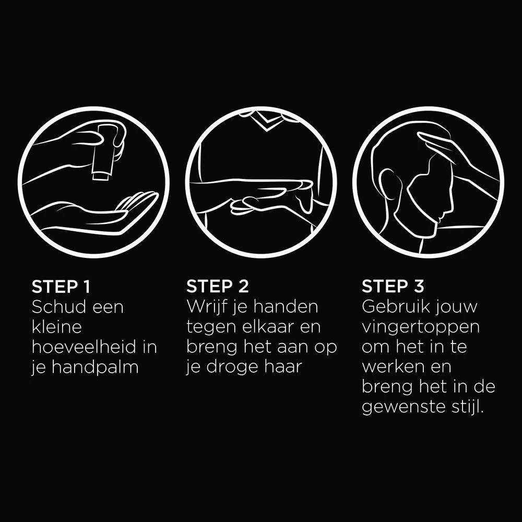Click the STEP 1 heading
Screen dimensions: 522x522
[x=61, y=286]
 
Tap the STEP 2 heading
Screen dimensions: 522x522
[x=217, y=286]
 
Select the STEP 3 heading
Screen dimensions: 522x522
[x=393, y=286]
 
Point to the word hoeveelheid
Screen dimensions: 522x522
[x=84, y=347]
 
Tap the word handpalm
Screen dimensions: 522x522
[x=95, y=367]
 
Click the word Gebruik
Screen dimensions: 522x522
[x=391, y=306]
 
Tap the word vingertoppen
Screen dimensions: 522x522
[x=421, y=328]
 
